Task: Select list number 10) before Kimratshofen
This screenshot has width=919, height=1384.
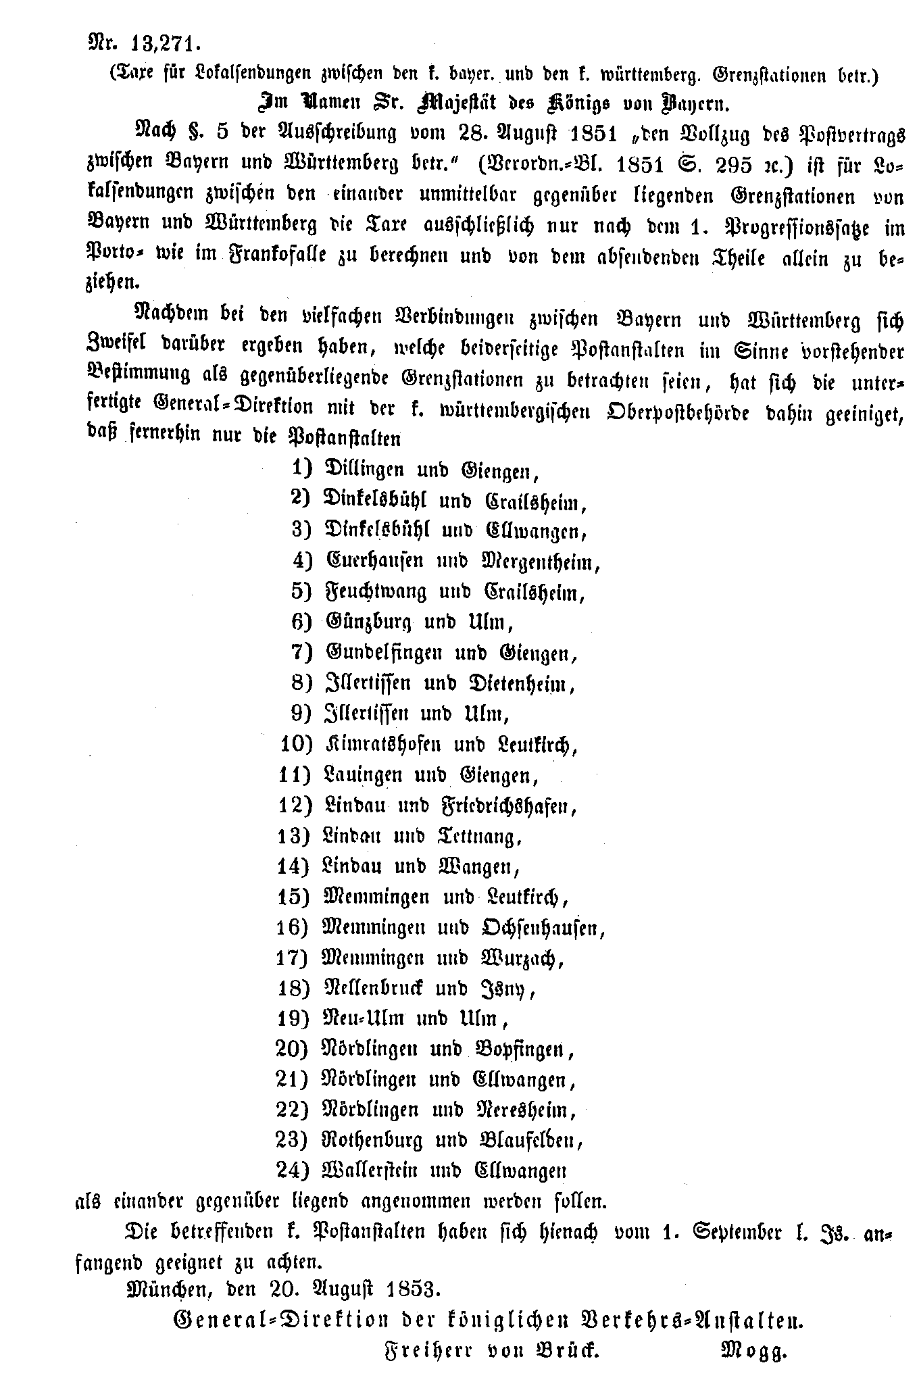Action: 296,745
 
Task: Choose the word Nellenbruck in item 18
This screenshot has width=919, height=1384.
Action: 374,989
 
